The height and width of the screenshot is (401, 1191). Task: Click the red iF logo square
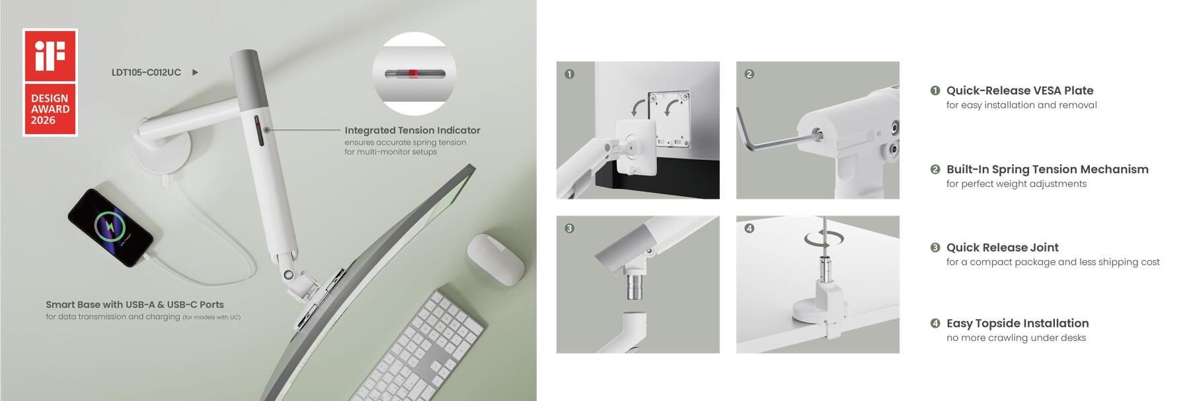50,55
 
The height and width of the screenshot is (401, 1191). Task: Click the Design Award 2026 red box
50,109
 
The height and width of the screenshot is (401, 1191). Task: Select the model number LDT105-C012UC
146,72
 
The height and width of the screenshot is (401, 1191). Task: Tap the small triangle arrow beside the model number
195,72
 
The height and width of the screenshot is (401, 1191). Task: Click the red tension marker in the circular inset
412,73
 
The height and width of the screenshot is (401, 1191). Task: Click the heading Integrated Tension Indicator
412,130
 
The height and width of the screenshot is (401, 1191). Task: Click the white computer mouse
495,260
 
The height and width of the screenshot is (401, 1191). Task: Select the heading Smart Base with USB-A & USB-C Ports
135,305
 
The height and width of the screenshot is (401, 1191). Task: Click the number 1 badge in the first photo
569,74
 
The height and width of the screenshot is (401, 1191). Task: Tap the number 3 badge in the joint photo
569,228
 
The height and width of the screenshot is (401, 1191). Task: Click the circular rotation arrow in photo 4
824,238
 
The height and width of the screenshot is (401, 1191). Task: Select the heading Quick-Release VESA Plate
1019,91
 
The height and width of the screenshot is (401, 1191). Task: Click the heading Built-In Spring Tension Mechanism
1047,169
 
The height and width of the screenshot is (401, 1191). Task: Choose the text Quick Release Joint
1002,247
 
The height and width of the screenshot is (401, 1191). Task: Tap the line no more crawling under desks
1015,338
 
